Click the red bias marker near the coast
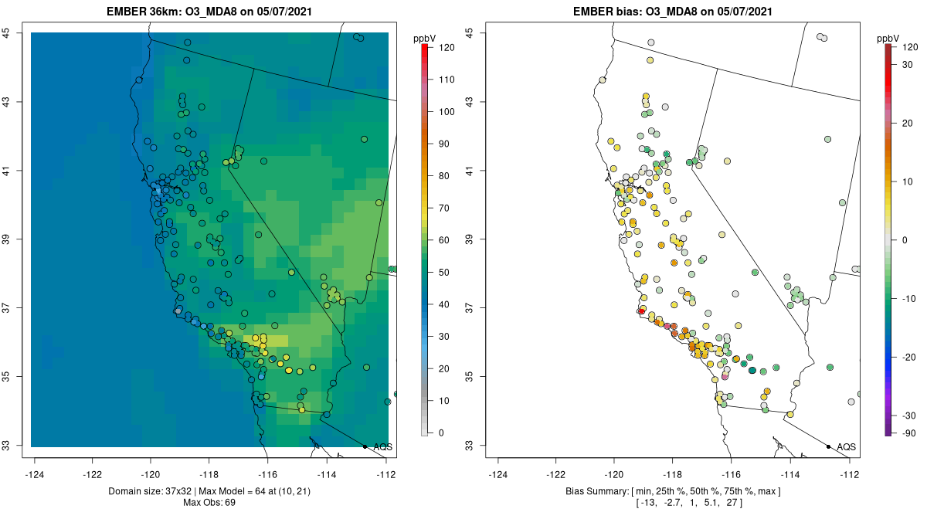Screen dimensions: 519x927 point(641,310)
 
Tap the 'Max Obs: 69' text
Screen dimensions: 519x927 point(209,503)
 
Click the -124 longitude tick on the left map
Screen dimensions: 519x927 point(35,474)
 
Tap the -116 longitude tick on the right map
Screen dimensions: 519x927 point(731,474)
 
